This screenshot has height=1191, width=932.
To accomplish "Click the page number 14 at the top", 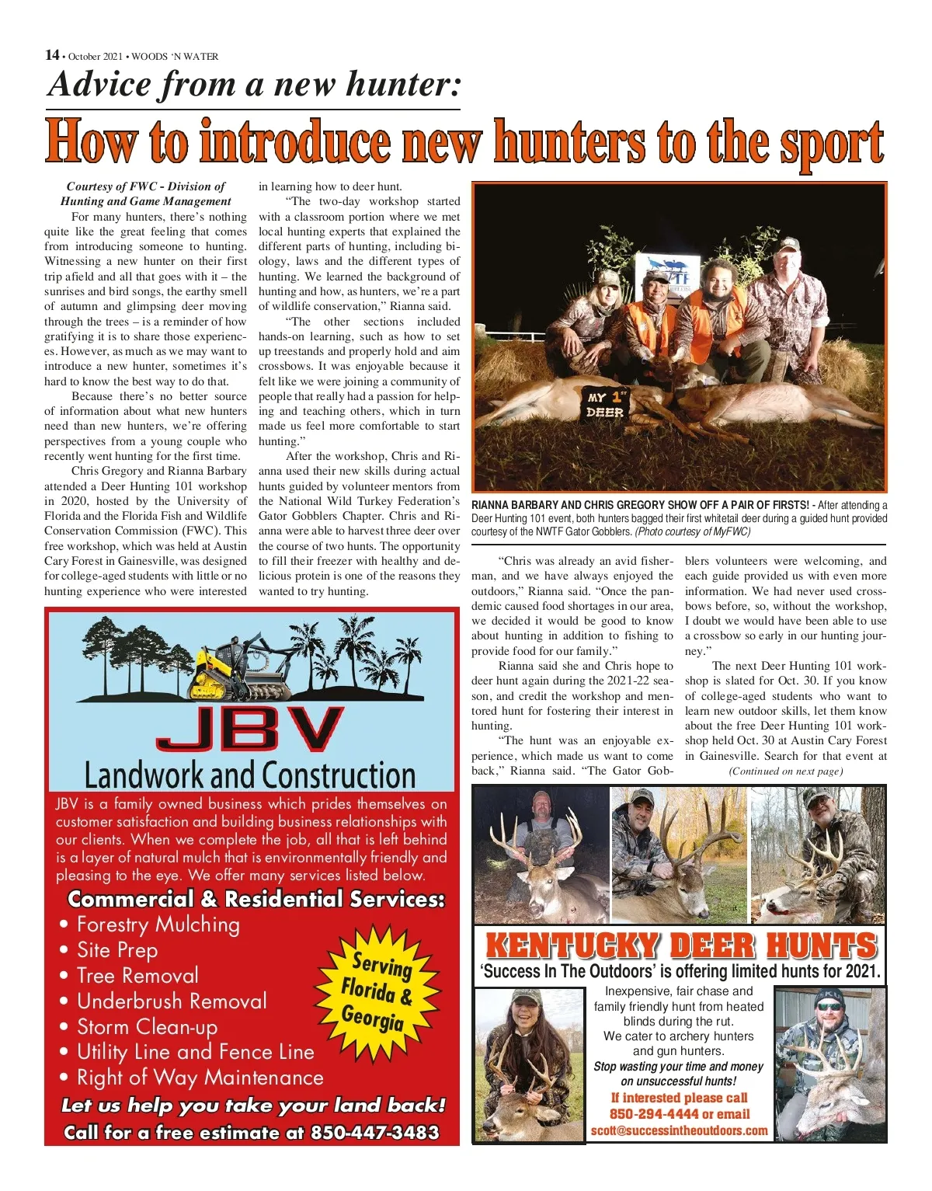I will pos(52,55).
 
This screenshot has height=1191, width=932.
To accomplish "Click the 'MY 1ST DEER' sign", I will pos(607,405).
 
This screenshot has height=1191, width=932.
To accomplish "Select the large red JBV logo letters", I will pos(249,728).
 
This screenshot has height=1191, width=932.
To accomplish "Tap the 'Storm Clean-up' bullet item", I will pos(147,1026).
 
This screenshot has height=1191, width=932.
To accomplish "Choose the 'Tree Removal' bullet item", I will pos(137,975).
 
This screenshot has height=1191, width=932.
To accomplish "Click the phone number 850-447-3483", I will pos(375,1132).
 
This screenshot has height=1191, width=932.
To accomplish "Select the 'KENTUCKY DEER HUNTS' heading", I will pos(680,946).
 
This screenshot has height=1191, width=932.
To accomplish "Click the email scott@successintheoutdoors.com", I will pos(679,1130).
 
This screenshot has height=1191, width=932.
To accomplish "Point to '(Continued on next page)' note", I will pos(785,771).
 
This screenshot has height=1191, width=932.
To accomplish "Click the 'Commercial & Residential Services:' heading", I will pos(256,899).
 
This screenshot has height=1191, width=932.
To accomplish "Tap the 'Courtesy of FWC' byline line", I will pos(145,186).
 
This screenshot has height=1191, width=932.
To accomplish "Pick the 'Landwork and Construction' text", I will pos(249,775).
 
